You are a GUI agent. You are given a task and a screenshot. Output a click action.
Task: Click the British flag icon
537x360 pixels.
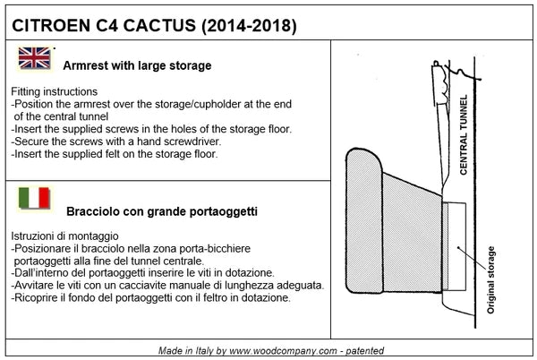click(x=35, y=58)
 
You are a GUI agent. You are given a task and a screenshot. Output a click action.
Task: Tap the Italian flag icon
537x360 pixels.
click(x=35, y=199)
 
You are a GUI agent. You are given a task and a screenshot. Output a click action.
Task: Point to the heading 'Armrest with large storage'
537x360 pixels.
click(x=137, y=65)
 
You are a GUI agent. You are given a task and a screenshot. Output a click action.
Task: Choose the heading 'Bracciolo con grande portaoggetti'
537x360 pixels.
click(x=162, y=212)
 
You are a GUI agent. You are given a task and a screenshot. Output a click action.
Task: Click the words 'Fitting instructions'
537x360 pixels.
click(x=55, y=92)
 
